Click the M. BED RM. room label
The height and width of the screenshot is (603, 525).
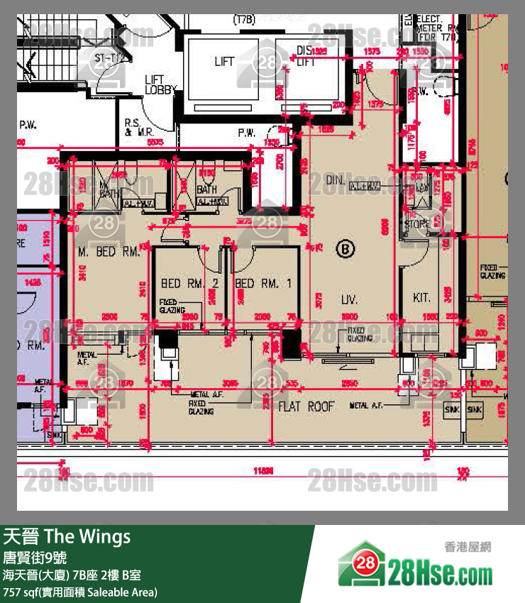click(x=109, y=252)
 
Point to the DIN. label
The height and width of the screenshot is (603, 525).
click(x=336, y=181)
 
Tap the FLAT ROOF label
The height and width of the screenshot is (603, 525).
click(x=306, y=406)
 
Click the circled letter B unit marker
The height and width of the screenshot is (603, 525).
click(x=345, y=249)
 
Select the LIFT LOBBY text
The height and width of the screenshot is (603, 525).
click(x=155, y=85)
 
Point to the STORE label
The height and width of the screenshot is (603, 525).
click(x=417, y=225)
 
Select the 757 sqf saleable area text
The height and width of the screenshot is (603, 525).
click(x=79, y=592)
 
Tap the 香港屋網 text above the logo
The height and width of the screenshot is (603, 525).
click(x=467, y=547)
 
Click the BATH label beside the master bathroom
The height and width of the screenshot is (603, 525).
click(x=206, y=190)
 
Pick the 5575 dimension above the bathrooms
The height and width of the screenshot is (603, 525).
click(x=156, y=142)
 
